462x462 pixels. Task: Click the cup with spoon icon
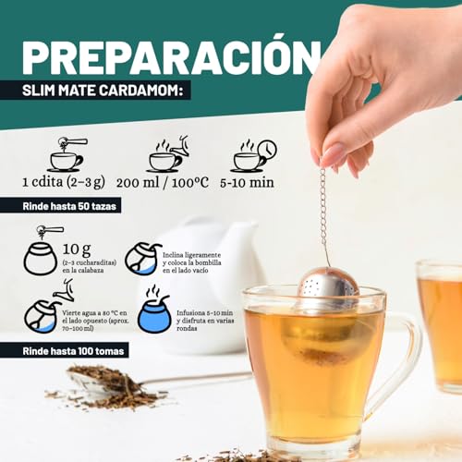[x=66, y=154]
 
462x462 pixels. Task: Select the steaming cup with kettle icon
[x=167, y=154]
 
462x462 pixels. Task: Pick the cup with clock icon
[x=253, y=154]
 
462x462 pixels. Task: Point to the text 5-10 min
[x=252, y=183]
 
